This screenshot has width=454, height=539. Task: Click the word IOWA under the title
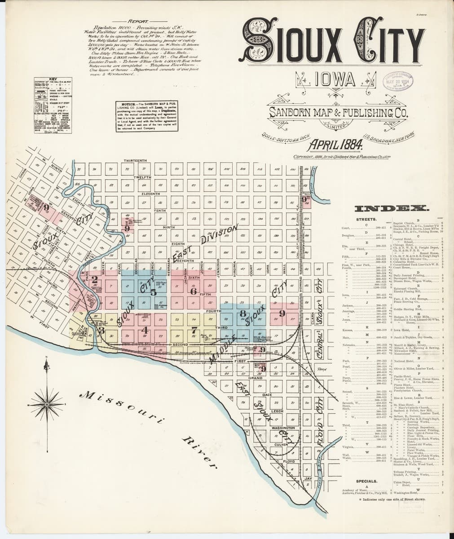[x=335, y=80]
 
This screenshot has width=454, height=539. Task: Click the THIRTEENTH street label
[x=135, y=161]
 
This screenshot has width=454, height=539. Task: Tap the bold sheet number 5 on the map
[x=153, y=292]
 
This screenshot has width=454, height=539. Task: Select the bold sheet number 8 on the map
[x=243, y=314]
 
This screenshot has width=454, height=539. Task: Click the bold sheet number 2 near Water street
[x=94, y=278]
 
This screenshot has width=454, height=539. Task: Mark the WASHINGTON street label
[x=282, y=428]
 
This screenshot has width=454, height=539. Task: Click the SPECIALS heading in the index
[x=366, y=481]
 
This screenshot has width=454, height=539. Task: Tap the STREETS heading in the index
[x=366, y=219]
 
